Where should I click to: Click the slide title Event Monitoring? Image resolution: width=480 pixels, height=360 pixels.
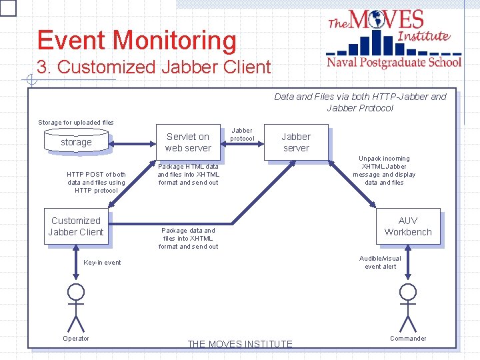click(x=137, y=41)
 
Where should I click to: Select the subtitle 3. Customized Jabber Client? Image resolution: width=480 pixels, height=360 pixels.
click(x=154, y=67)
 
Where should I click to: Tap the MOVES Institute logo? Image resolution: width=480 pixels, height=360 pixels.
click(x=393, y=39)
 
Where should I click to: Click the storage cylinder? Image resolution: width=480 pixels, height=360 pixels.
click(x=76, y=141)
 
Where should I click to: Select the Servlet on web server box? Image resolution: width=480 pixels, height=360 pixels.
click(x=188, y=142)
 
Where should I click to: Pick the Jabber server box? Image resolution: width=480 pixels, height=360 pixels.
click(x=296, y=142)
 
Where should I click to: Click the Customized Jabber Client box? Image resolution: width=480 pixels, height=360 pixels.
click(x=76, y=227)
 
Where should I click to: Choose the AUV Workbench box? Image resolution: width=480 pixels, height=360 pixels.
click(x=407, y=227)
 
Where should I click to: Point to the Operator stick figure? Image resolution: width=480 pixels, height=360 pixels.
click(x=77, y=307)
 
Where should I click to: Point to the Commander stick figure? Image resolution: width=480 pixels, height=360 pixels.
click(x=407, y=307)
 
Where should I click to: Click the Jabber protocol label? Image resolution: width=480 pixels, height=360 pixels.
click(x=242, y=135)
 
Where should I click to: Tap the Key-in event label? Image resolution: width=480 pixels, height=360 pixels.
click(x=102, y=262)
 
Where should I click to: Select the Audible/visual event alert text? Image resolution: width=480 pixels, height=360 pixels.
click(x=380, y=262)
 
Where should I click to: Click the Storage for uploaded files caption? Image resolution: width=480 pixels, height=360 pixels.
click(x=76, y=122)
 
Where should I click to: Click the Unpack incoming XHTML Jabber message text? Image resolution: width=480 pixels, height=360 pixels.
click(x=384, y=171)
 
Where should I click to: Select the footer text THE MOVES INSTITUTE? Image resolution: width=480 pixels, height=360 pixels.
click(x=240, y=344)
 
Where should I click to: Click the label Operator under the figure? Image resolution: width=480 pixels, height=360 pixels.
click(x=76, y=338)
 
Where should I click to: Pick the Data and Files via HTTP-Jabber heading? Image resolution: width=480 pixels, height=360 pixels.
click(x=360, y=102)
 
